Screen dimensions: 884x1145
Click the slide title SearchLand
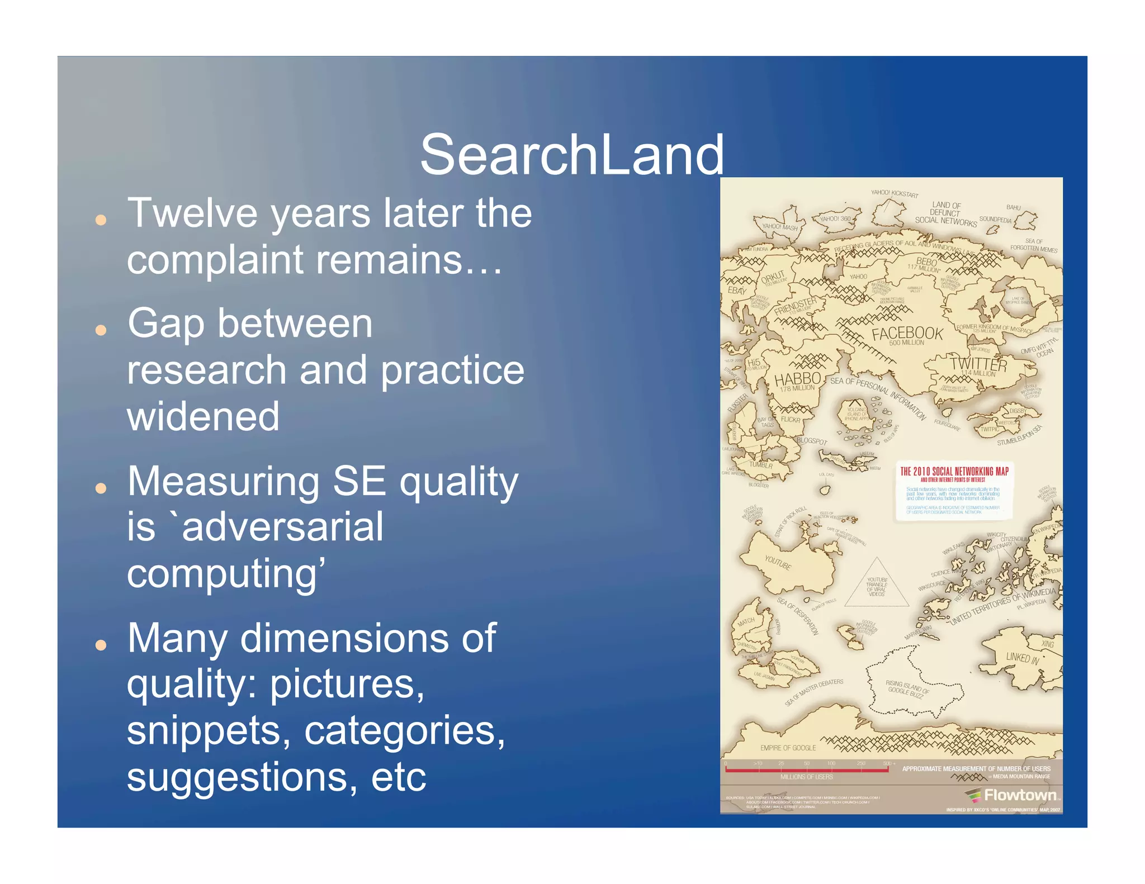(571, 155)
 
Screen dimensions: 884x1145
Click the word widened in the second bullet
(203, 417)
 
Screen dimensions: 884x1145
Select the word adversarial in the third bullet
(282, 527)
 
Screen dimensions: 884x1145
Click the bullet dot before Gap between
(101, 330)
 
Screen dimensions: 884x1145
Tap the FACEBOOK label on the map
(907, 334)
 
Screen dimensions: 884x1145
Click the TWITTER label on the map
(978, 364)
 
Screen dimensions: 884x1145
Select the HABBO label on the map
(797, 379)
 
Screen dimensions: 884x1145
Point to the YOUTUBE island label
(778, 562)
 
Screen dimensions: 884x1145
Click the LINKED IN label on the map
(1022, 658)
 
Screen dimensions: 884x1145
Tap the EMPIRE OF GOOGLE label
(788, 748)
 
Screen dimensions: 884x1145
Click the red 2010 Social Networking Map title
(954, 472)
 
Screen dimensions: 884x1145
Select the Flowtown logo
(1012, 795)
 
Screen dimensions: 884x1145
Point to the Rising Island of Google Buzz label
(906, 688)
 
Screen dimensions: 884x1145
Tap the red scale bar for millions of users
(806, 769)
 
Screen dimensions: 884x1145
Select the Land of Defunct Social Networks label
(945, 213)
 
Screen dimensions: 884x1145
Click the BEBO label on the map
(926, 262)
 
